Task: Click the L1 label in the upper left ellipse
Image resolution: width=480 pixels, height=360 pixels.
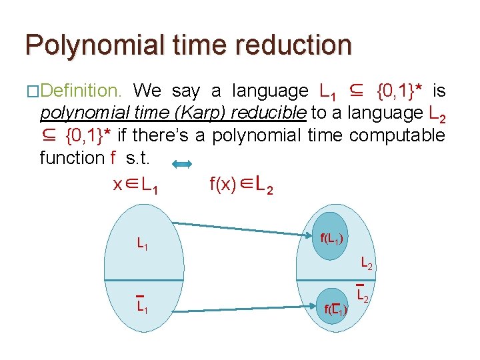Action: tap(142, 245)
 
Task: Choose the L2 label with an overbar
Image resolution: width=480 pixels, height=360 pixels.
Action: tap(363, 293)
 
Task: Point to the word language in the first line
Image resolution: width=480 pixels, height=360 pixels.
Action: tap(270, 91)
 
